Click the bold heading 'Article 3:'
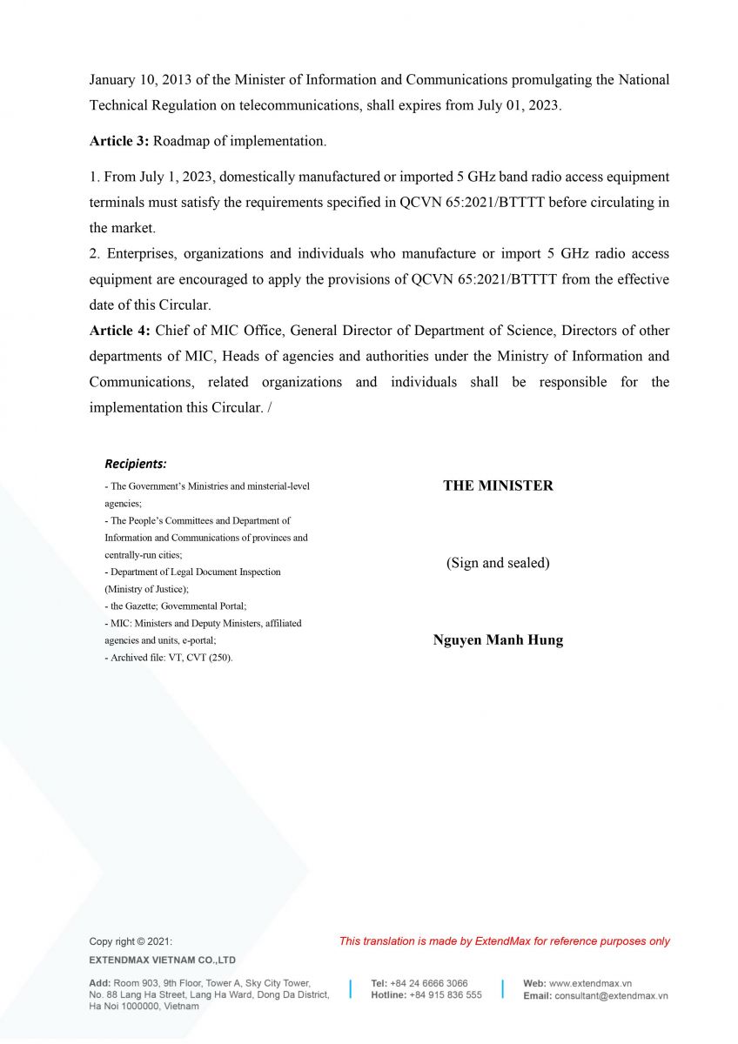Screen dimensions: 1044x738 click(x=119, y=140)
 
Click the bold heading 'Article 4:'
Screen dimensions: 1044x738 click(x=120, y=331)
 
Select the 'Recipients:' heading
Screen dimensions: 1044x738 click(x=136, y=464)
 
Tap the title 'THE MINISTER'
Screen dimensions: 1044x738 click(x=498, y=485)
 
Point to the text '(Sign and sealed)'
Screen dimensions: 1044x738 click(x=498, y=563)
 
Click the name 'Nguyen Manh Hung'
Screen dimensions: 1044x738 click(x=498, y=640)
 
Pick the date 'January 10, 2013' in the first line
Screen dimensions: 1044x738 click(x=138, y=80)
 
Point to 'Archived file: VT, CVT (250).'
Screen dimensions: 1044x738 click(x=171, y=658)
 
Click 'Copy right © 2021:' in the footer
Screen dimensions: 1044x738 click(x=131, y=941)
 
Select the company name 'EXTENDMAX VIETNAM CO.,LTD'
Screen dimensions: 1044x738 click(x=163, y=960)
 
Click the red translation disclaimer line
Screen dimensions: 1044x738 click(x=505, y=941)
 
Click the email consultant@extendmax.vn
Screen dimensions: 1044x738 click(x=611, y=995)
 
